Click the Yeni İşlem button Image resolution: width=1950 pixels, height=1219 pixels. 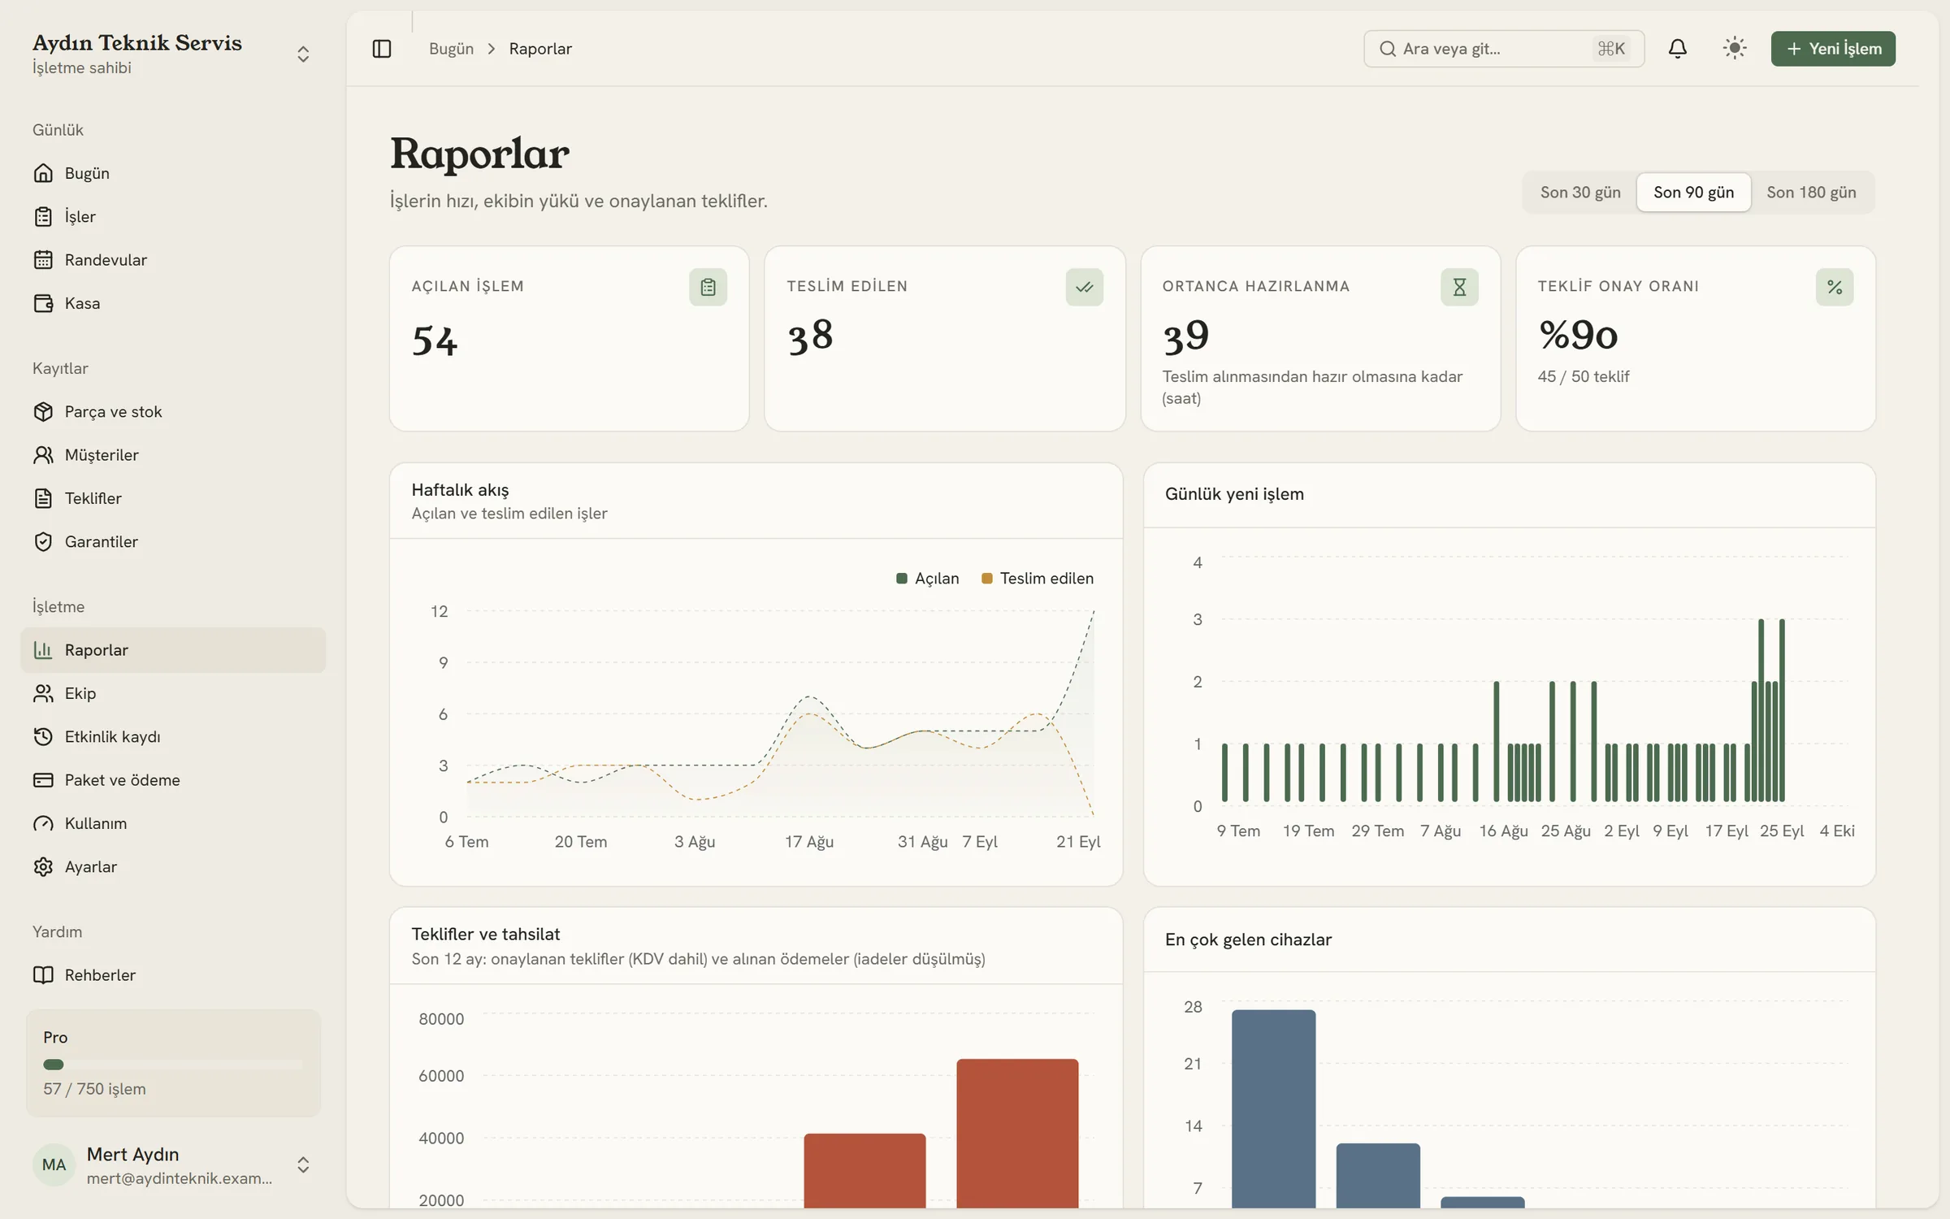click(x=1833, y=49)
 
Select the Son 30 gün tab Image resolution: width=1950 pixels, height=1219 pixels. click(x=1580, y=193)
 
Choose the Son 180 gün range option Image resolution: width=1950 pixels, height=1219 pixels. click(x=1811, y=193)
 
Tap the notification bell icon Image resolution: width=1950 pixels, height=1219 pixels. click(x=1678, y=49)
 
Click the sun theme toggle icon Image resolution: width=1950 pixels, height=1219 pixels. click(x=1735, y=49)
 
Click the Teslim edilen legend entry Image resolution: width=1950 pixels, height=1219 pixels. click(x=1038, y=579)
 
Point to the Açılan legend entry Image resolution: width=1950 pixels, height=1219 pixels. click(x=928, y=579)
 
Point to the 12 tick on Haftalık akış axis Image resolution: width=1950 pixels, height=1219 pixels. click(x=440, y=611)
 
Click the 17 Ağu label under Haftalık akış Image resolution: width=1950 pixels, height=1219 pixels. click(x=809, y=842)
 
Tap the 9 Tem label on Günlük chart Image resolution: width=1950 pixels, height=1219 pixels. click(x=1238, y=831)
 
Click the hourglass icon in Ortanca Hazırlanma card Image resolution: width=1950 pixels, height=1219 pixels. click(x=1459, y=287)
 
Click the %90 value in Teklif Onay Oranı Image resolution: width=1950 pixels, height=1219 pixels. click(x=1578, y=335)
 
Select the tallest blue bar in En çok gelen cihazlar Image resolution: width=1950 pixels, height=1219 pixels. click(x=1273, y=1108)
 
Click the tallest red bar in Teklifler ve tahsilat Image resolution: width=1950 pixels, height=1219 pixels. click(x=1017, y=1133)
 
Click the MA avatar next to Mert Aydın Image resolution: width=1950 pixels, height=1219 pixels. click(x=54, y=1165)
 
